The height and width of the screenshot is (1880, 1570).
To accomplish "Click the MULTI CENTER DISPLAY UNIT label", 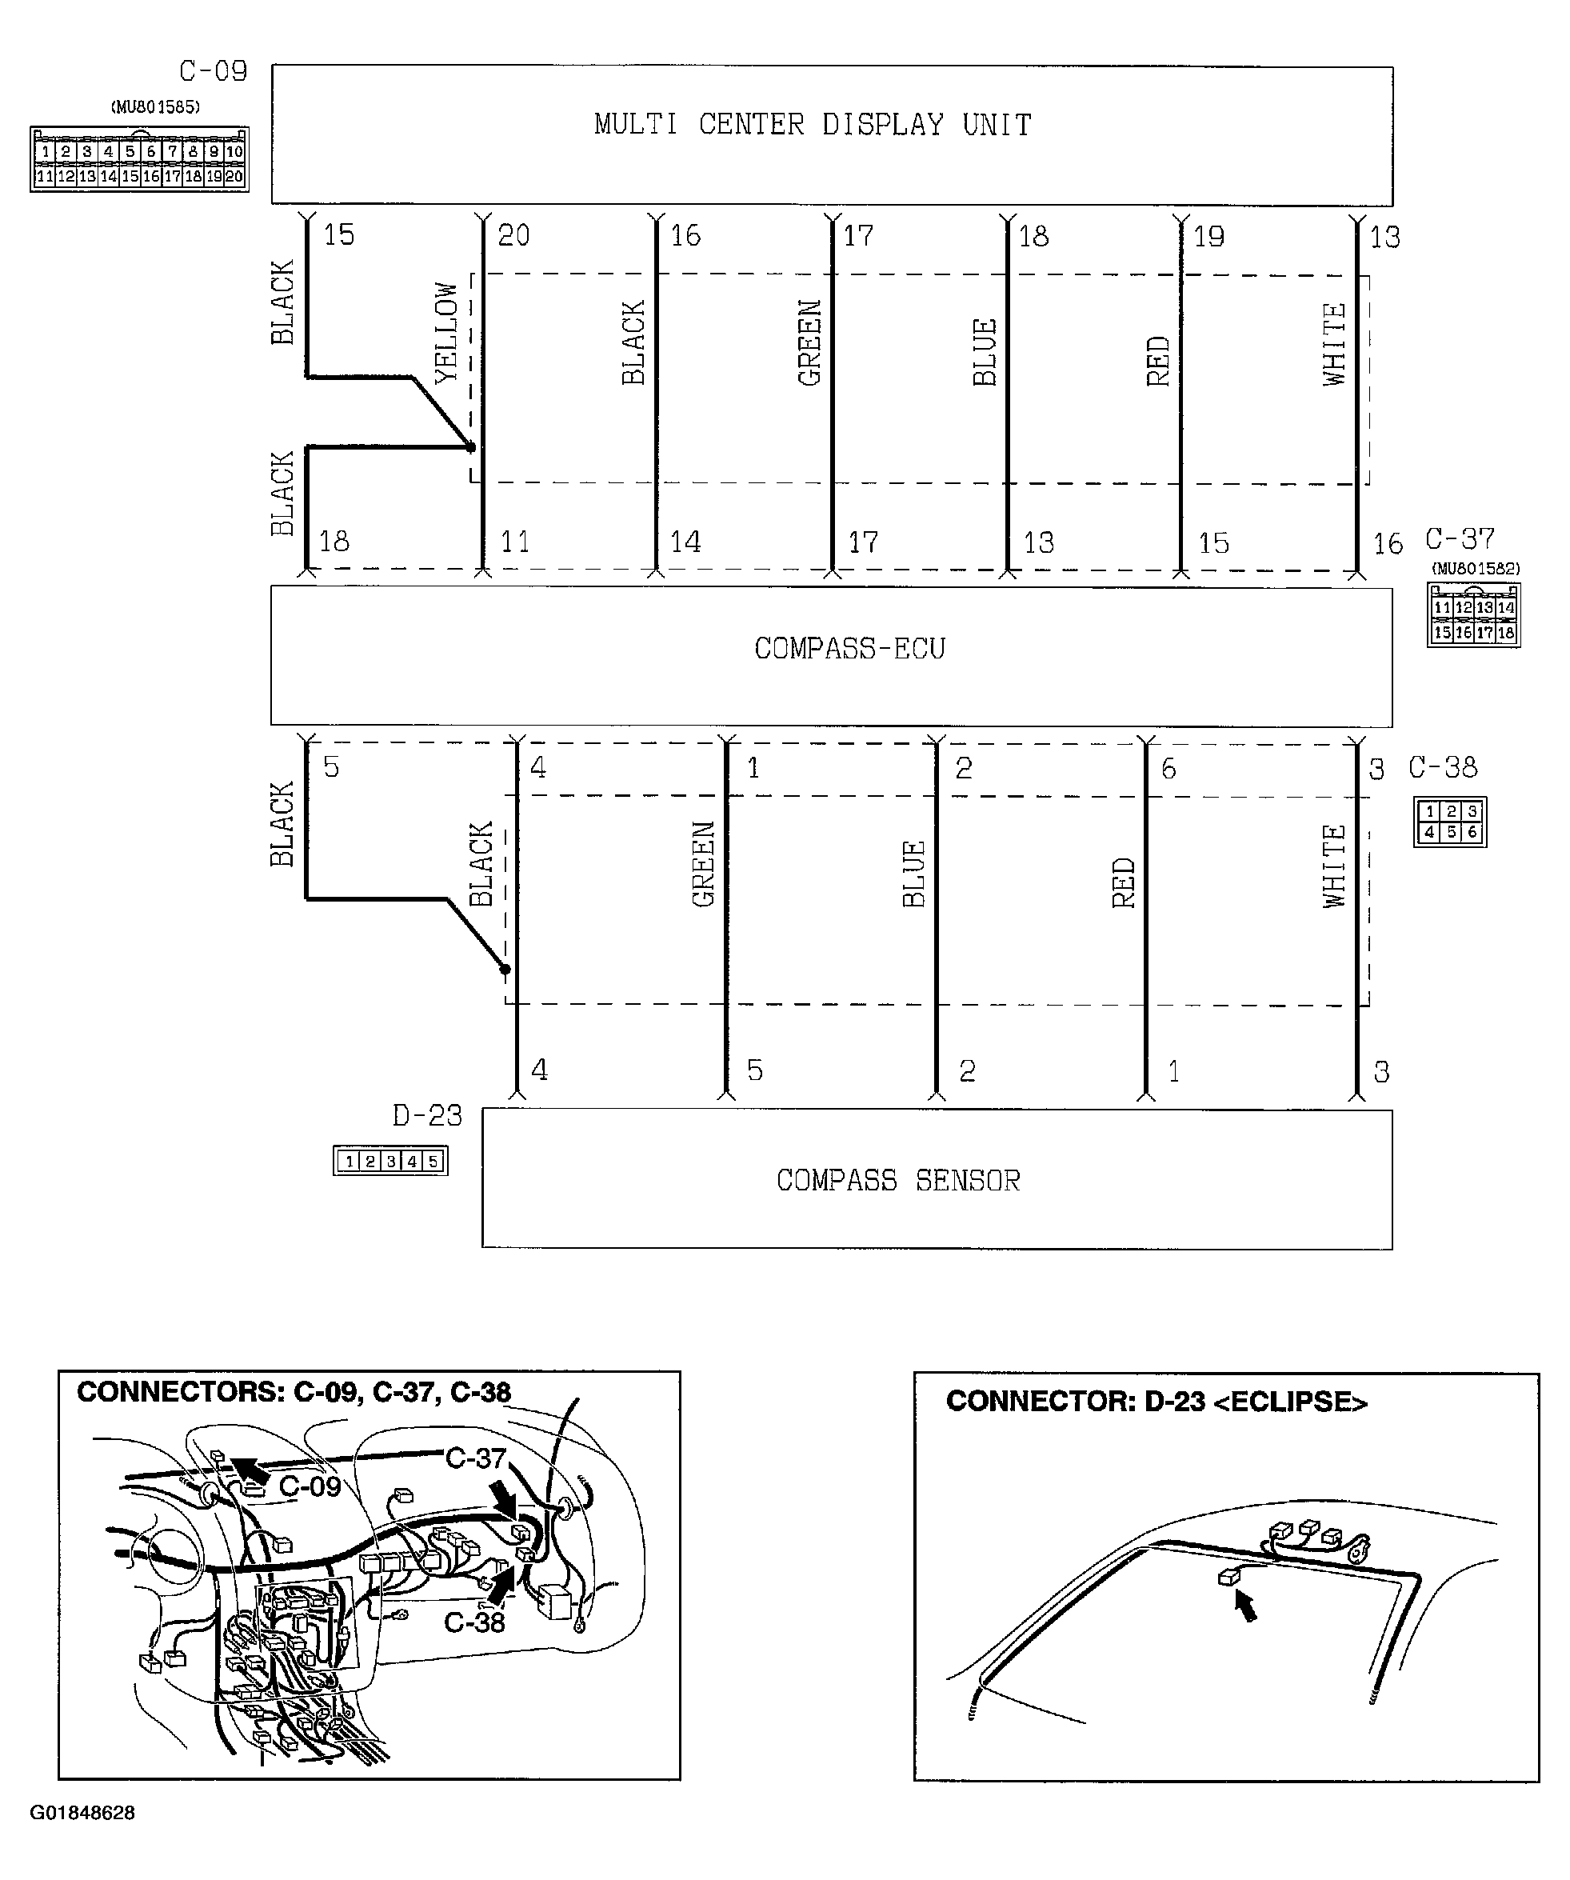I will (x=813, y=125).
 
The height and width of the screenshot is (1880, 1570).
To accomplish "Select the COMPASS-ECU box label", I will (x=849, y=648).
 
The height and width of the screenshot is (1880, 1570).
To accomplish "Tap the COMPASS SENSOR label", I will (x=898, y=1181).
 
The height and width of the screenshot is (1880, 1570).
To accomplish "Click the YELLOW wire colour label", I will (x=445, y=333).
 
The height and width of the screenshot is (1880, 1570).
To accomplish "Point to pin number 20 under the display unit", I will (x=513, y=235).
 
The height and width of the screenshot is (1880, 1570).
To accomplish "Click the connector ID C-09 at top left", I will (x=213, y=70).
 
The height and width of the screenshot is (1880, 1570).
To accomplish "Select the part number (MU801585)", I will (x=155, y=107).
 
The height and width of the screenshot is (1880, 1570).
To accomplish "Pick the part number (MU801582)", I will (x=1475, y=569).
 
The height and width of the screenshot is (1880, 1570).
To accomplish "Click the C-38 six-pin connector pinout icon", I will (x=1450, y=822).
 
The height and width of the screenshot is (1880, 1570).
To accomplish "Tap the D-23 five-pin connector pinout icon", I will (x=390, y=1161).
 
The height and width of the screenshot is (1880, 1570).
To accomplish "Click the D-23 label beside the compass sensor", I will (x=427, y=1115).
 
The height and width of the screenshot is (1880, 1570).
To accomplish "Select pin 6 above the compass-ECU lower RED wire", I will (x=1168, y=769).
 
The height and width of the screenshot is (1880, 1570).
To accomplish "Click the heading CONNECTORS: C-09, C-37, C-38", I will (x=294, y=1392).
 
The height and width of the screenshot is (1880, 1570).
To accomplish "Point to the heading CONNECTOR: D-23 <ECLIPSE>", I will (x=1157, y=1401).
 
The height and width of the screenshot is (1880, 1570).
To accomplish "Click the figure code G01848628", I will (x=82, y=1813).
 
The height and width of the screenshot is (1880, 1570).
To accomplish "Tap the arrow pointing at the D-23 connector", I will (x=1245, y=1608).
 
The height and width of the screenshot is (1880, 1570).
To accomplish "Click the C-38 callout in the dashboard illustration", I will (x=474, y=1622).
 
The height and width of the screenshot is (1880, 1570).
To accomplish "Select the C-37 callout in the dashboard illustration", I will (x=476, y=1459).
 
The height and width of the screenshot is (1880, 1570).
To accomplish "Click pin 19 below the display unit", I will (x=1208, y=236).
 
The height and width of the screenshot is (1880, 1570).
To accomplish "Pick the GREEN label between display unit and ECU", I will (x=809, y=343).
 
